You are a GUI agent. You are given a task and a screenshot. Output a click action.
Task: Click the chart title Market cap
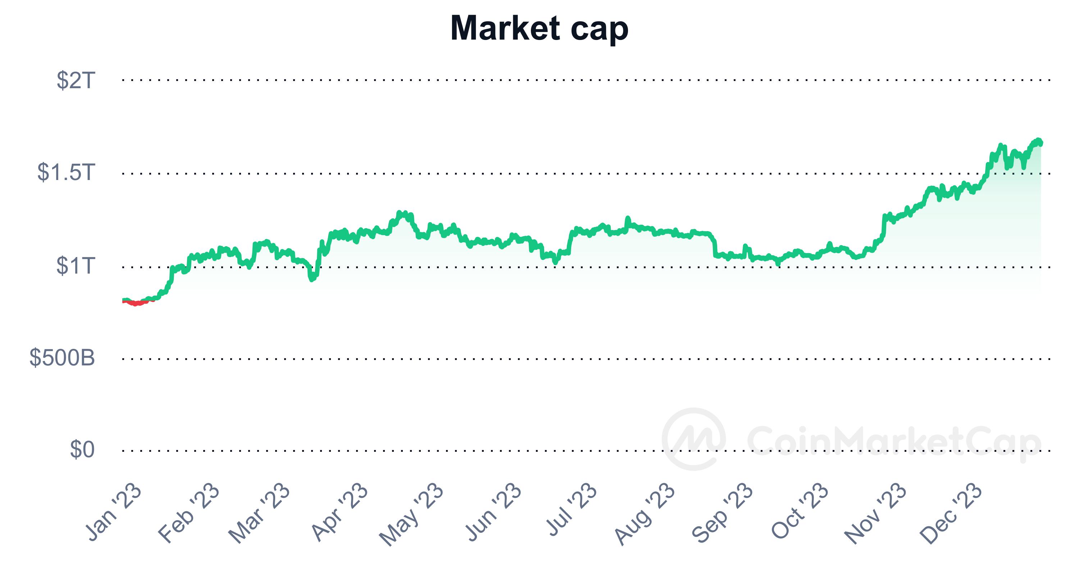coord(539,28)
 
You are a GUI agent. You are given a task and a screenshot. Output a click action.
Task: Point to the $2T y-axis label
coord(76,80)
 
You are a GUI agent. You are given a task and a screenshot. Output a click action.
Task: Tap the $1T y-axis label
coord(76,266)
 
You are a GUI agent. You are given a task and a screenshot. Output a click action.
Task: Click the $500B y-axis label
coord(62,357)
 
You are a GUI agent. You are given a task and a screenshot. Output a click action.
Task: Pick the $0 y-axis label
coord(82,449)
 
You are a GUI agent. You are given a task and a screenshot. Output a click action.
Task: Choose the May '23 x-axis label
coord(411,515)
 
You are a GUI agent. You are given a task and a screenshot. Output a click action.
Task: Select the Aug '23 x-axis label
coord(645,515)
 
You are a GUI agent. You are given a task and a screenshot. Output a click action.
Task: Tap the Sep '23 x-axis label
coord(723,513)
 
